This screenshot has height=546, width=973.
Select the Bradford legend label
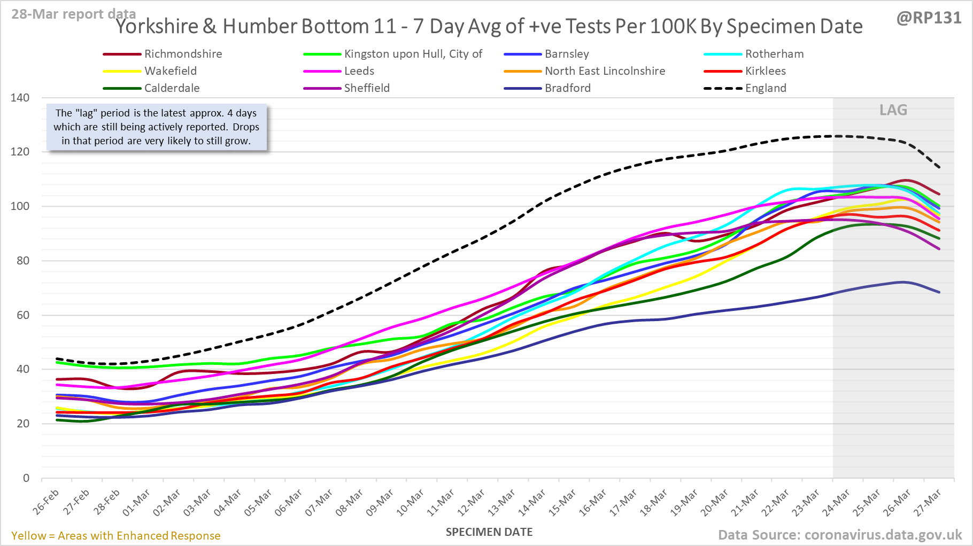point(567,88)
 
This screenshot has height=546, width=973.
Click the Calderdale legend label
point(172,88)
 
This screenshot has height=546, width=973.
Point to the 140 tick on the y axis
point(20,98)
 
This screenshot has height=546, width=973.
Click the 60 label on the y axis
point(22,315)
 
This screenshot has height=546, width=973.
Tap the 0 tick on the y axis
point(26,478)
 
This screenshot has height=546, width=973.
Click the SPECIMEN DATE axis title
point(489,532)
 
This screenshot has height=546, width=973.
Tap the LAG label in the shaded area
point(893,110)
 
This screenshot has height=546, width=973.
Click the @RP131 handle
point(929,18)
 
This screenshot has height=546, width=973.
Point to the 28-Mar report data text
point(74,14)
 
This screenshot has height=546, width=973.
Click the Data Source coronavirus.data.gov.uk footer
point(840,535)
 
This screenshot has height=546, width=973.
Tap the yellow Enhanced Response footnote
point(116,536)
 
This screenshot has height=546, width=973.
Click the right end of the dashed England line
point(939,167)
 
